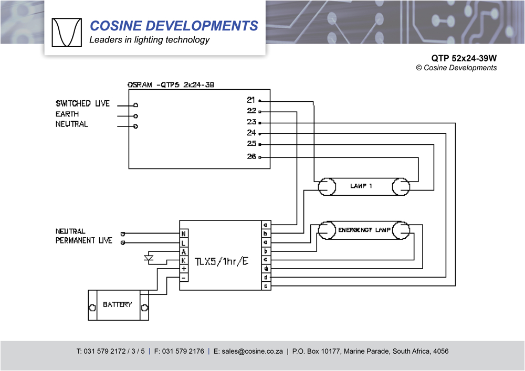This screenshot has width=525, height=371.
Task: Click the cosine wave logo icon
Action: pos(67,33)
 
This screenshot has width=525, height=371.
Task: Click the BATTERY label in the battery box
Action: pos(117,304)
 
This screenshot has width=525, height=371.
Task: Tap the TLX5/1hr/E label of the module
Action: pos(221,261)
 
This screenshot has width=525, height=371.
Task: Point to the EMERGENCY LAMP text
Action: pos(362,230)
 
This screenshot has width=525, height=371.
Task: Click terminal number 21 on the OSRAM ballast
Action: pos(251,100)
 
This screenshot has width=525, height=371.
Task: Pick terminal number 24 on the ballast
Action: pos(251,133)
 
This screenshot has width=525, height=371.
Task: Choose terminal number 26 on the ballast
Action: pos(251,156)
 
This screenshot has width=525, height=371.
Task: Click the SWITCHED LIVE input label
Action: pos(82,103)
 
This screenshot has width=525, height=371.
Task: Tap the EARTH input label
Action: pos(67,114)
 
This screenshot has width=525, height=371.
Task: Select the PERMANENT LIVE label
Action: pos(83,240)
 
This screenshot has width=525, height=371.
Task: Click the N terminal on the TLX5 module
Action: pos(184,234)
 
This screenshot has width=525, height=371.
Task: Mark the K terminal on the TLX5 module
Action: pos(184,260)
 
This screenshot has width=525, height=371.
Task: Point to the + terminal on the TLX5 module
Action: pos(184,269)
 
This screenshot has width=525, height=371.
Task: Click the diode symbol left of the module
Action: pos(149,258)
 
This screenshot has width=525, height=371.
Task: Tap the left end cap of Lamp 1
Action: pos(327,186)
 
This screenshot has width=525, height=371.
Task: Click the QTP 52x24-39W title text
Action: pos(464,58)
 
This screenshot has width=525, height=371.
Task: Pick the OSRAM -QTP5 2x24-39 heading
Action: pos(171,84)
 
